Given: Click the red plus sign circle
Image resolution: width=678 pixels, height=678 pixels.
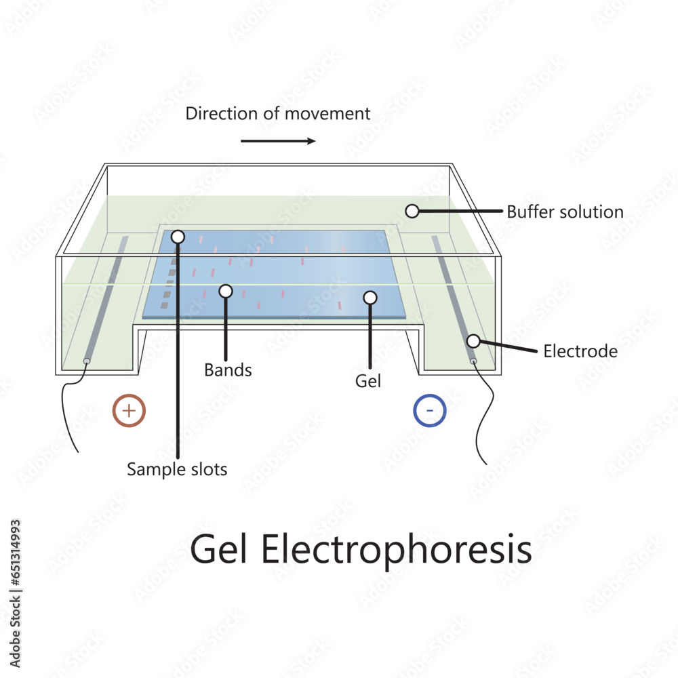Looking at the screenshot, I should pyautogui.click(x=129, y=410).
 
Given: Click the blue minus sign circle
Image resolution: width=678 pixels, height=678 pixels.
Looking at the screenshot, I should pyautogui.click(x=429, y=410).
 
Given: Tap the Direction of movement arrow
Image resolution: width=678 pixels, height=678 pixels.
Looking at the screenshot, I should pyautogui.click(x=278, y=141).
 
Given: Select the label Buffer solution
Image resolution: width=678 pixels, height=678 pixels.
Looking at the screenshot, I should pyautogui.click(x=565, y=212).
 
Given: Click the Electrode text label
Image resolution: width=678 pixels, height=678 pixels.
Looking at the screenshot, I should pyautogui.click(x=580, y=351).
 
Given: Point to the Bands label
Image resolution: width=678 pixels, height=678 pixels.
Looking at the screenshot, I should pyautogui.click(x=228, y=370).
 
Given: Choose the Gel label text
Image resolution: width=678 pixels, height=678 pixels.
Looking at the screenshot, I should pyautogui.click(x=368, y=381).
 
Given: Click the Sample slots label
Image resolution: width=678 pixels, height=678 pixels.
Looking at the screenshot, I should pyautogui.click(x=177, y=468).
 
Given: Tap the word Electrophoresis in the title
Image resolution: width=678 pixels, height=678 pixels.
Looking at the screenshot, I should pyautogui.click(x=397, y=549).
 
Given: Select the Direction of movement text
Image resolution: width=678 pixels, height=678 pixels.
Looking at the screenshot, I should pyautogui.click(x=278, y=113).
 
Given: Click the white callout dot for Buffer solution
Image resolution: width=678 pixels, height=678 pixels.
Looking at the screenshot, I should pyautogui.click(x=412, y=211).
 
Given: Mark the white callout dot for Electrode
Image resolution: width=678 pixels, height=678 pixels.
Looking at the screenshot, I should pyautogui.click(x=473, y=340).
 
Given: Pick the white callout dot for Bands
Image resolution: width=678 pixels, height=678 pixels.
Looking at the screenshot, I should pyautogui.click(x=226, y=291).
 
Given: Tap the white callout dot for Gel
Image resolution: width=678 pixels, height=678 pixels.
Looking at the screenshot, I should pyautogui.click(x=370, y=297).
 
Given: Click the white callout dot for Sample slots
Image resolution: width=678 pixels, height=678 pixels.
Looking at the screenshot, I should pyautogui.click(x=178, y=237).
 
